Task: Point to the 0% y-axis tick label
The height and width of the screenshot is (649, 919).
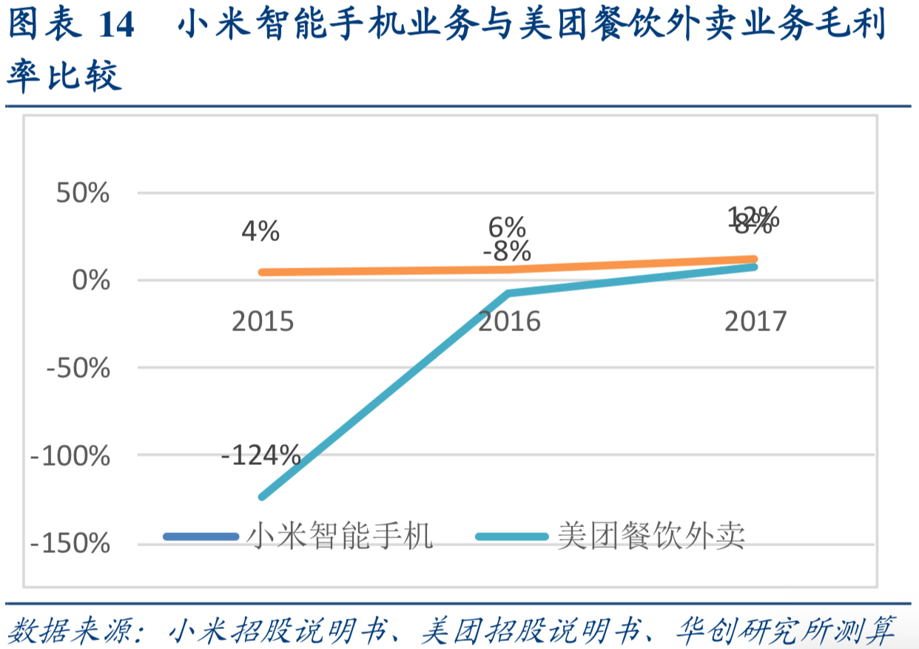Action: [x=92, y=281]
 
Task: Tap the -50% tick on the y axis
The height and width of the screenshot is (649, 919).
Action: [x=77, y=368]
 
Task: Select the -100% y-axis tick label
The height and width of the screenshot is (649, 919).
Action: [x=70, y=456]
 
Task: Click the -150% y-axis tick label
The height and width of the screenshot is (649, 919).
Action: [x=70, y=544]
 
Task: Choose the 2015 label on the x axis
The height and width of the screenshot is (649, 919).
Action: [x=263, y=322]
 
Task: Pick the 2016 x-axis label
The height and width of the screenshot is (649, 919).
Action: [x=509, y=322]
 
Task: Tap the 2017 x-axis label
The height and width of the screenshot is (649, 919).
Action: [x=755, y=322]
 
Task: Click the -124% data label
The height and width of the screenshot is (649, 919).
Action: [x=260, y=455]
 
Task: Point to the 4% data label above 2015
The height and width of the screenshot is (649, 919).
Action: [x=260, y=232]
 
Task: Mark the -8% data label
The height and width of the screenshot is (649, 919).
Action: [x=507, y=252]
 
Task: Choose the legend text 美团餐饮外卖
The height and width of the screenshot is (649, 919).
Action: [x=651, y=534]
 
